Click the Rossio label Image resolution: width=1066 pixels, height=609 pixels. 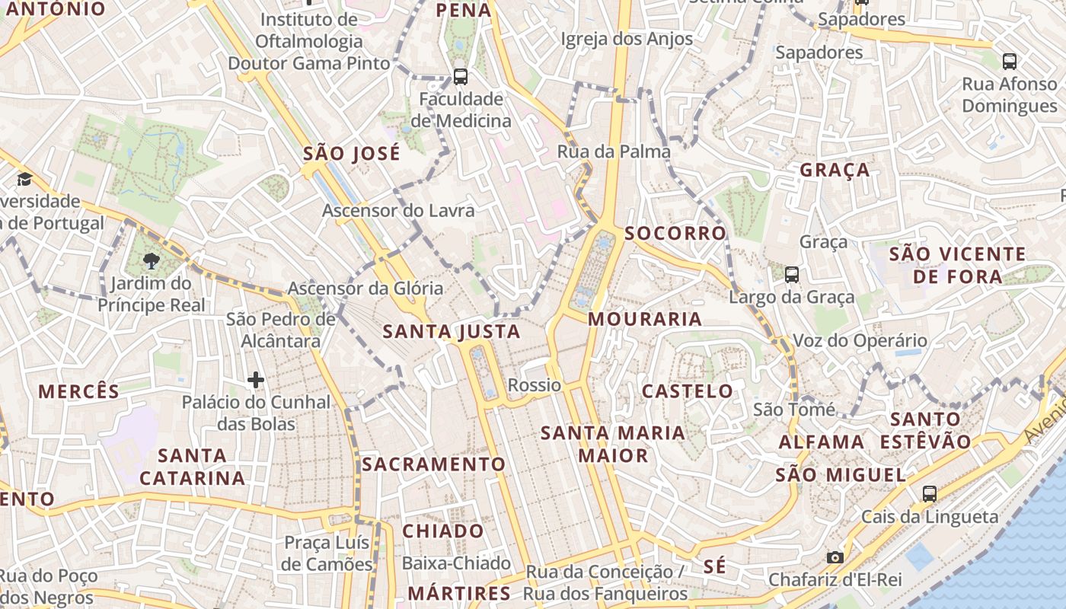click(535, 385)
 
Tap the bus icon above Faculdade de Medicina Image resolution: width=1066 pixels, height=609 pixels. click(461, 76)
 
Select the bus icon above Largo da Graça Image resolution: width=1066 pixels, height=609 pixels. click(792, 275)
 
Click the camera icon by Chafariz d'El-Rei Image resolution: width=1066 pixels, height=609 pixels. click(835, 557)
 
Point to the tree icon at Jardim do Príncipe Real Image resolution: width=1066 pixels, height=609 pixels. click(152, 261)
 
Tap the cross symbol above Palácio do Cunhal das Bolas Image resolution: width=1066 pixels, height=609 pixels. click(256, 379)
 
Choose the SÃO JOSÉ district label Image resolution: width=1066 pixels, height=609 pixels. click(352, 154)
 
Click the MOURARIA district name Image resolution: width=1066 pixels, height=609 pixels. click(645, 319)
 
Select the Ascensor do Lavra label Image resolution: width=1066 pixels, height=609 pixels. click(398, 211)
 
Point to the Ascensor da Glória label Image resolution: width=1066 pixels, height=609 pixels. click(365, 289)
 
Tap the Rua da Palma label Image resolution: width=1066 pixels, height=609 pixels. click(614, 151)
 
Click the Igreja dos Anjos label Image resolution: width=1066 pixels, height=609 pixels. click(627, 39)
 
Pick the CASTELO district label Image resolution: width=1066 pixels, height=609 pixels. click(688, 391)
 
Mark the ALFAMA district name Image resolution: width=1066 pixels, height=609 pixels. click(822, 442)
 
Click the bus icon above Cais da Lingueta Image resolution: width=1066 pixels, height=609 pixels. click(930, 493)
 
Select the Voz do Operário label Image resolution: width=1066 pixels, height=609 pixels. click(860, 340)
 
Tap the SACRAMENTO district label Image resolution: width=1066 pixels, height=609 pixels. click(433, 464)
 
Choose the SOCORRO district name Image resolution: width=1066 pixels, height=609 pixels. click(675, 234)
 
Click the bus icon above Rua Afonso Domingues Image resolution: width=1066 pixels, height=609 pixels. click(1010, 61)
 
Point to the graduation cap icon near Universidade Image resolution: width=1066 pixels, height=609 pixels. click(25, 179)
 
